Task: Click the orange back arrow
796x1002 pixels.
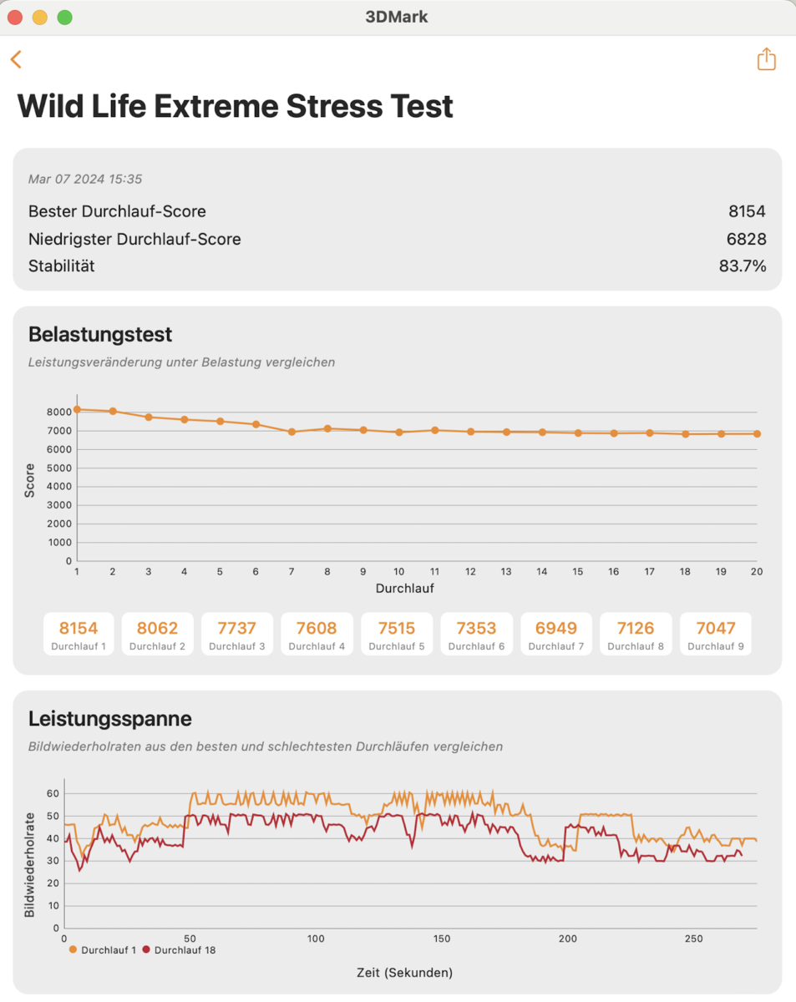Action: [16, 59]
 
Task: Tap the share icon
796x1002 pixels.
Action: [766, 59]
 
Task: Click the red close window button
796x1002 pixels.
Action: [15, 18]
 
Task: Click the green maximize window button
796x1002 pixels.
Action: [64, 18]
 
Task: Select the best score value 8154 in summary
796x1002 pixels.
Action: [747, 211]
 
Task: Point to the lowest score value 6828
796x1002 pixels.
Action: [746, 239]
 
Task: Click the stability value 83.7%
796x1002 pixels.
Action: [743, 266]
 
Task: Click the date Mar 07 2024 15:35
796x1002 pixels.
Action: [85, 179]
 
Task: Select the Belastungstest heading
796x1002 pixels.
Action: [100, 334]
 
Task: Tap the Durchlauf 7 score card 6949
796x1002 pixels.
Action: [555, 633]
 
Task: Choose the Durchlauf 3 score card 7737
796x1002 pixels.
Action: [236, 633]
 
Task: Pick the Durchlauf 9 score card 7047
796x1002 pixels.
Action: [715, 633]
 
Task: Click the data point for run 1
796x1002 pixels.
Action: [77, 409]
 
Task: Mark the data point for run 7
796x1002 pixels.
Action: [292, 432]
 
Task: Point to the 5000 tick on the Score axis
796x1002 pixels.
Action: [58, 468]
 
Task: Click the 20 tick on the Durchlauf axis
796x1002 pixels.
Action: [757, 572]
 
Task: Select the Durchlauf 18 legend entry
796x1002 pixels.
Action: [180, 949]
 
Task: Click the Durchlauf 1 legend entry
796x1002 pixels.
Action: [103, 949]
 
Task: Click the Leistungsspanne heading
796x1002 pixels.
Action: [110, 718]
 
